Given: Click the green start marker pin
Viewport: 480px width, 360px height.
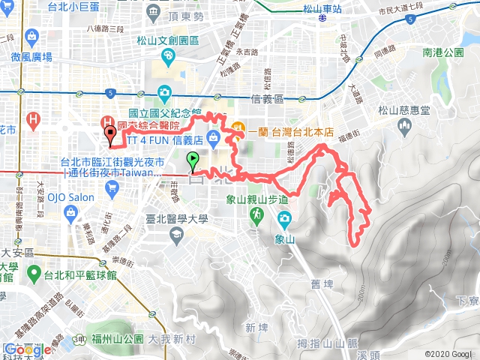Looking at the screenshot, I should (193, 159).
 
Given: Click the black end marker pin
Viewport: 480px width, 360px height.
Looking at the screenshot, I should (111, 135).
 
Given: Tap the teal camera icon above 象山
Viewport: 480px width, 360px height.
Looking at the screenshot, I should (284, 218).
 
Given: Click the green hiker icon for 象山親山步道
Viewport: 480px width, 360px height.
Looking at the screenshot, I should (256, 215).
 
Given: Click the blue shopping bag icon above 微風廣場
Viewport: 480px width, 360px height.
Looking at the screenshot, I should (32, 36).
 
